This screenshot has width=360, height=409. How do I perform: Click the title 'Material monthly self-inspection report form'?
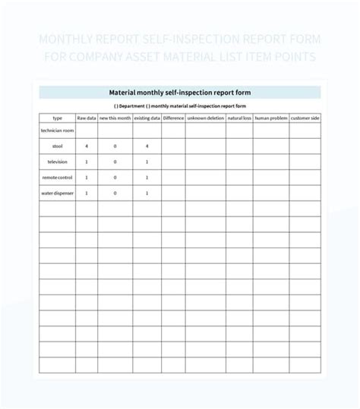tap(180, 93)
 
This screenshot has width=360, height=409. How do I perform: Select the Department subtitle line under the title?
tap(180, 106)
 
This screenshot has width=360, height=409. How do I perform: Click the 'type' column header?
tap(58, 118)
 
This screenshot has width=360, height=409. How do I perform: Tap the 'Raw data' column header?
tap(87, 118)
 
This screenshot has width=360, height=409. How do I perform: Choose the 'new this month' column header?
tap(115, 118)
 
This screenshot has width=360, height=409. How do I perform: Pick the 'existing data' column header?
tap(147, 118)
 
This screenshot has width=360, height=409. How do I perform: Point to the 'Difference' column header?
tap(173, 118)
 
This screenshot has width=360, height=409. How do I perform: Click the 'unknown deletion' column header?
tap(205, 118)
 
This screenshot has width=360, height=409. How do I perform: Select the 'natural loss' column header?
tap(239, 118)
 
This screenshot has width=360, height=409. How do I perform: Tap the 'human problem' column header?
tap(270, 118)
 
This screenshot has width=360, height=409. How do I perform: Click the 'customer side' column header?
tap(305, 118)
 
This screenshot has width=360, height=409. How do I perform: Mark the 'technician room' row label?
tap(58, 131)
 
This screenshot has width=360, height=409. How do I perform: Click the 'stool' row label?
tap(58, 146)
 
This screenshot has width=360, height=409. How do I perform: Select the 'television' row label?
tap(58, 162)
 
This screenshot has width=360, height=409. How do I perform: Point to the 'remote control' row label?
tap(58, 178)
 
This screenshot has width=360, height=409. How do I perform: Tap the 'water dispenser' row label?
tap(58, 193)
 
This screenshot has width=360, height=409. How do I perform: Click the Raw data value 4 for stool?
tap(87, 146)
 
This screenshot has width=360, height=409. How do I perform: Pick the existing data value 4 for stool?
tap(147, 146)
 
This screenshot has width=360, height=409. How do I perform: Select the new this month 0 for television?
tap(115, 162)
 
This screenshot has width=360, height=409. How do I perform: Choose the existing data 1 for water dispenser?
tap(147, 193)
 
